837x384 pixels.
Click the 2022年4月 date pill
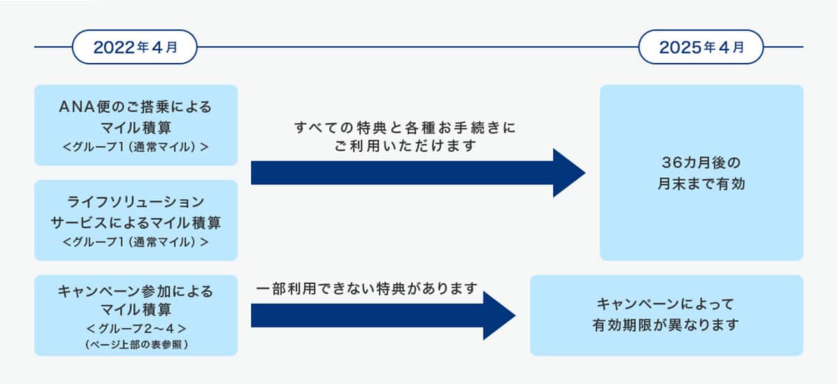[135, 47]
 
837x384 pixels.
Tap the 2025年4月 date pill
[701, 47]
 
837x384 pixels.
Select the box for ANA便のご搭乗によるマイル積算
[136, 125]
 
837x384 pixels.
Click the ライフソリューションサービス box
[136, 220]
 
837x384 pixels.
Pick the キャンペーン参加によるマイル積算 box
[136, 316]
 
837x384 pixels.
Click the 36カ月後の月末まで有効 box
[702, 172]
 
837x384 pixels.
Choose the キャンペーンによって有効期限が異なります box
[667, 316]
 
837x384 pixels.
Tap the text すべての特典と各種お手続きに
[405, 128]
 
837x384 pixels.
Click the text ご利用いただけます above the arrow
[405, 145]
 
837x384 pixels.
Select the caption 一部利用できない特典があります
[367, 288]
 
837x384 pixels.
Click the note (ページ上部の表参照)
[137, 344]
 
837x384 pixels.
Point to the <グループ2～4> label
[137, 329]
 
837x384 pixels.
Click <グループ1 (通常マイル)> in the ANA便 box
[135, 147]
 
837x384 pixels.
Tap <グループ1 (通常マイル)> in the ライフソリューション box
[135, 242]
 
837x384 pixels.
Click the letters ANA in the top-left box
[77, 108]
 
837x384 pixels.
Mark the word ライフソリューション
[135, 202]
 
